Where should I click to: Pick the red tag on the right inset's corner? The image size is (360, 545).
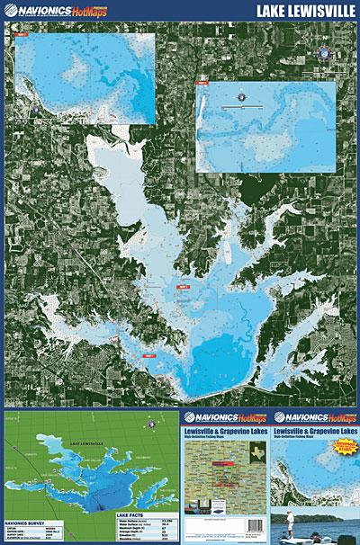201,84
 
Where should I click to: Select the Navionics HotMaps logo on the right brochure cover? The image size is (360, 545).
316,416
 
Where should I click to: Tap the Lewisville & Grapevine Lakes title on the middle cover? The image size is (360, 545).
227,432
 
